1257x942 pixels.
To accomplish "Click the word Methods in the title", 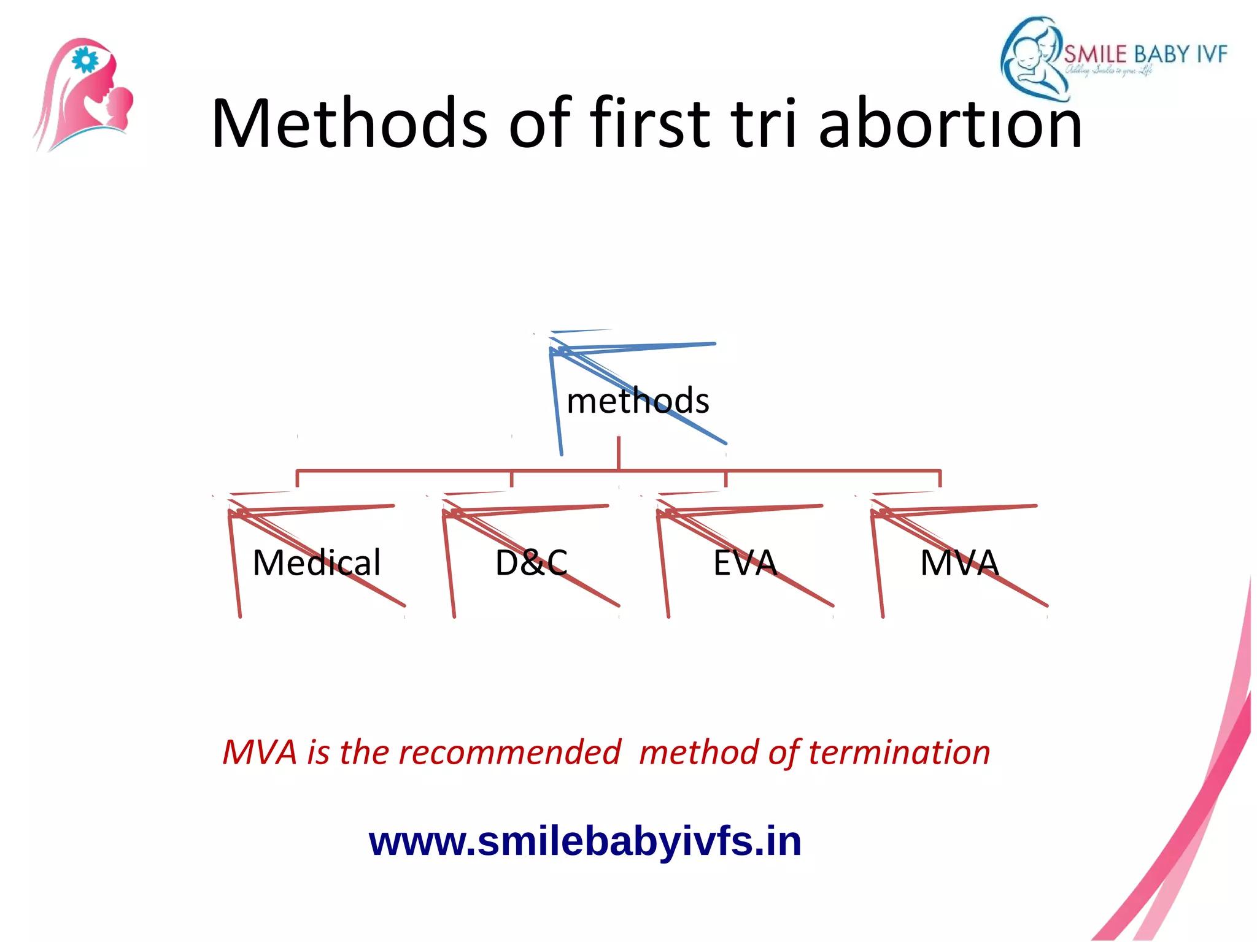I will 349,124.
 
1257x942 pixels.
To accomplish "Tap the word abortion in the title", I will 950,124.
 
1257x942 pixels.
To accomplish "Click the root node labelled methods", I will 638,401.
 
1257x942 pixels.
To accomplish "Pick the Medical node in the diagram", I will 317,562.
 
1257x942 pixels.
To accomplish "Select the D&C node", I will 532,562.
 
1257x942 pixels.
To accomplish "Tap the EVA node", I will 745,562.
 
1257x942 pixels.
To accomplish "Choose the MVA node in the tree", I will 959,562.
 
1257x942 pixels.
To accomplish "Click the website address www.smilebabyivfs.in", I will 585,841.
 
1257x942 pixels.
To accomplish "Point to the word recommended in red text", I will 509,752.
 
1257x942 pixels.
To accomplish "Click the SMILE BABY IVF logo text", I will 1145,55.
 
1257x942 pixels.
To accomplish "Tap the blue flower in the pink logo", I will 85,60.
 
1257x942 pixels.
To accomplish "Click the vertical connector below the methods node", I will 618,453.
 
